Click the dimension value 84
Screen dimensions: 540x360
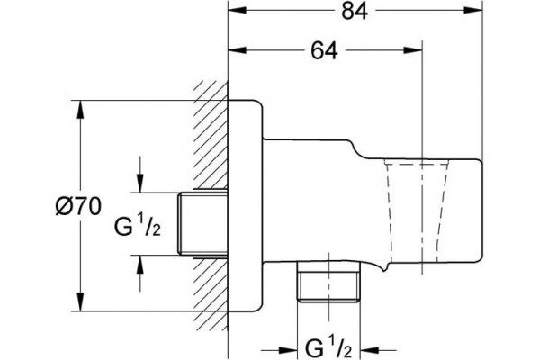355,11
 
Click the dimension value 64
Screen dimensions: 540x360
324,50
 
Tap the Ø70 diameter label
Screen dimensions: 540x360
78,207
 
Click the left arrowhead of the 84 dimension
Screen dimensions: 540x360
238,11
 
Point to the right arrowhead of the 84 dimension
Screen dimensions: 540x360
473,11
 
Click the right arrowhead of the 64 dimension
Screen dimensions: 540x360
413,50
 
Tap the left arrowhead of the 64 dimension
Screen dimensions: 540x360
238,50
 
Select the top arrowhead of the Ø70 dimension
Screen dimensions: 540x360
80,110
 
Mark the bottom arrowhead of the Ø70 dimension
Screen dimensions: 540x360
80,302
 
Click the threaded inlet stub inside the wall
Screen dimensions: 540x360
202,223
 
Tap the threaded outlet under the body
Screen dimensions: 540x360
328,282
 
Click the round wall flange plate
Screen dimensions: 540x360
245,206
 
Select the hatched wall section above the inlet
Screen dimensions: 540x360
211,135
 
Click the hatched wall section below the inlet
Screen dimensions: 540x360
211,293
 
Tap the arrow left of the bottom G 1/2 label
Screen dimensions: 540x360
279,351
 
